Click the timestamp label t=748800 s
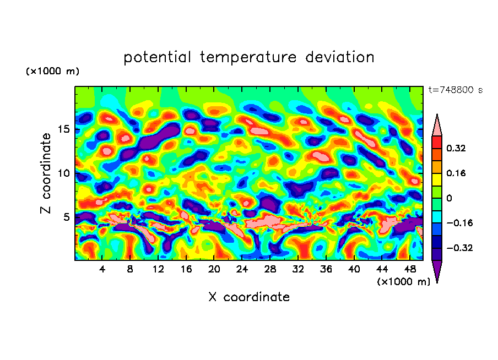455,90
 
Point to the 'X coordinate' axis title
248,297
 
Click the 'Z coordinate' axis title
46,173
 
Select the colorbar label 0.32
457,148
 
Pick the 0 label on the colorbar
449,198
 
